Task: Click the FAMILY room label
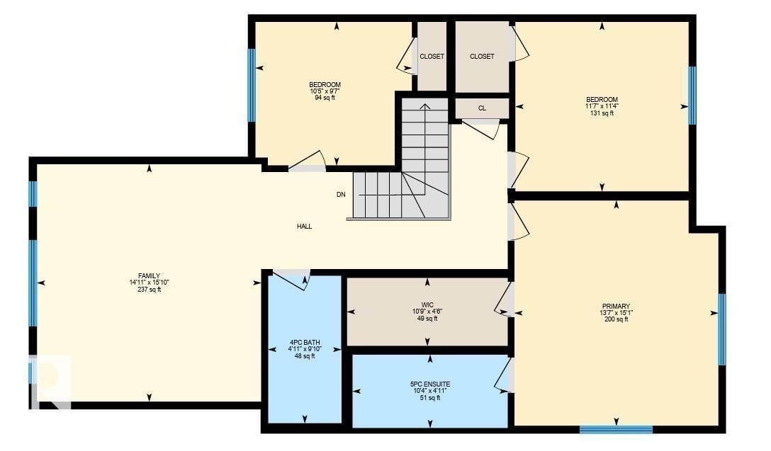point(149,276)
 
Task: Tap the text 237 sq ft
point(149,289)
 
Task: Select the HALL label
point(304,227)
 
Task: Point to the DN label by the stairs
point(341,194)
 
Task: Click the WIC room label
point(427,304)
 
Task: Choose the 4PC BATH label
point(305,342)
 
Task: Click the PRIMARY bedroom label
point(616,307)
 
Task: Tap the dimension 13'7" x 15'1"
point(616,313)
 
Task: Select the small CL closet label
point(482,108)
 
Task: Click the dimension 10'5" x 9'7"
point(325,91)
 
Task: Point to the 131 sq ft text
point(602,113)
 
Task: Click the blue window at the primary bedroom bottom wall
point(616,428)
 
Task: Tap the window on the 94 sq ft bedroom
point(251,85)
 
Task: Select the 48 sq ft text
point(305,356)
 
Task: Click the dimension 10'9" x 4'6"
point(427,312)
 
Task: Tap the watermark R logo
point(50,383)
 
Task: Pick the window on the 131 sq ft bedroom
point(692,95)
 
